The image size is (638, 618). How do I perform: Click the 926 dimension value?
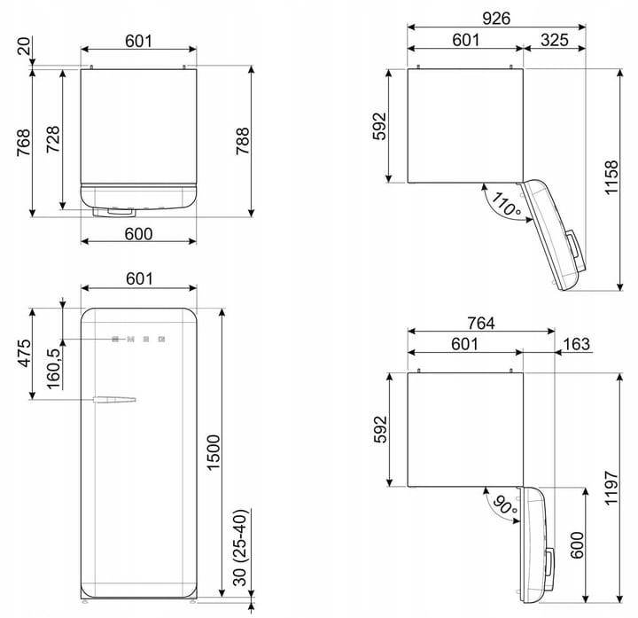(x=496, y=18)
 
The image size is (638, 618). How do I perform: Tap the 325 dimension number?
(x=555, y=40)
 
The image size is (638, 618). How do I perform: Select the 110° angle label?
(x=506, y=204)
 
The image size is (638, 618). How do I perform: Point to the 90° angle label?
(x=504, y=505)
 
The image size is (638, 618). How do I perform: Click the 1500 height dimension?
(x=214, y=453)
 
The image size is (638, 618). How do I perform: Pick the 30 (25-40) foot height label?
(x=240, y=547)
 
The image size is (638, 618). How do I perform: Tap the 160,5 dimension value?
(x=53, y=369)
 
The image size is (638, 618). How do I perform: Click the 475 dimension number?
(x=25, y=353)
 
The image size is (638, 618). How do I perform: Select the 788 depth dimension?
(x=243, y=141)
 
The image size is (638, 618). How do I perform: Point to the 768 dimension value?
(x=24, y=143)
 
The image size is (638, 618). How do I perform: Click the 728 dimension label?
(x=53, y=139)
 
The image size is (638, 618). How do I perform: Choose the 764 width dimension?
(x=481, y=324)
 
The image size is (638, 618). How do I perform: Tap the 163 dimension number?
(x=577, y=344)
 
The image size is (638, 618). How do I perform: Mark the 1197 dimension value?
(x=611, y=489)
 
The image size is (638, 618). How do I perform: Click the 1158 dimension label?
(x=611, y=177)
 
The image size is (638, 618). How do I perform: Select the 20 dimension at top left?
(x=24, y=45)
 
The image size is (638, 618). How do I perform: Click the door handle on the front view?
(x=114, y=399)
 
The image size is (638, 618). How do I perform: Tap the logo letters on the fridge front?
(x=138, y=339)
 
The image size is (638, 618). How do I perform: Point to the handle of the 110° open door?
(x=574, y=244)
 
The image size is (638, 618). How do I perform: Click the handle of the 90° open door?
(x=549, y=562)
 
